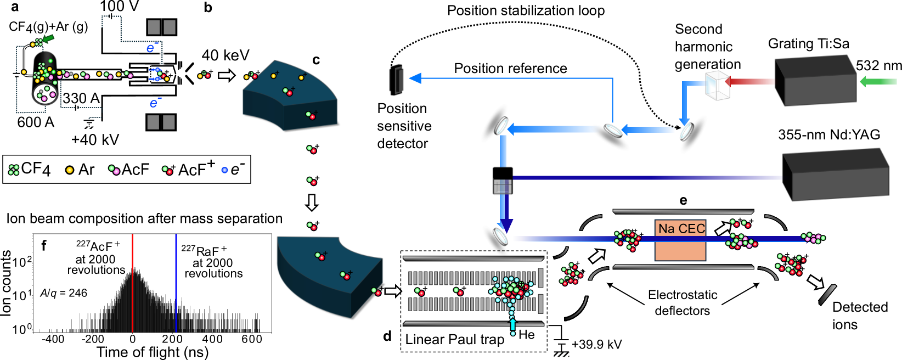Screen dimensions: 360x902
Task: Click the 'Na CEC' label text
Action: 681,228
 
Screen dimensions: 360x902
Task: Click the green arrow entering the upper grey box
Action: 878,81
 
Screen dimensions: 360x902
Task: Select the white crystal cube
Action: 717,86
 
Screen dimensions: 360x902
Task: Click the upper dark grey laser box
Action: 816,82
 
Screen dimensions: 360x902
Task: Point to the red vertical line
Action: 133,283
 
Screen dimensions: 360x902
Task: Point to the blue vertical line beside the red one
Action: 176,283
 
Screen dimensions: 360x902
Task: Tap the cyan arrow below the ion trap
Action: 513,325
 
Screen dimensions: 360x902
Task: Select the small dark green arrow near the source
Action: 48,38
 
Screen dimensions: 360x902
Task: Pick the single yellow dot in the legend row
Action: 70,170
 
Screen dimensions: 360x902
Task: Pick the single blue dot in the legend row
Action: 224,170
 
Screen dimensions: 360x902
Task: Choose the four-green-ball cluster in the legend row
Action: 14,170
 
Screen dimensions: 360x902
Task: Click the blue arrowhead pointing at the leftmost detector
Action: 415,78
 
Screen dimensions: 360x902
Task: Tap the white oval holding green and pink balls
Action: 45,94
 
